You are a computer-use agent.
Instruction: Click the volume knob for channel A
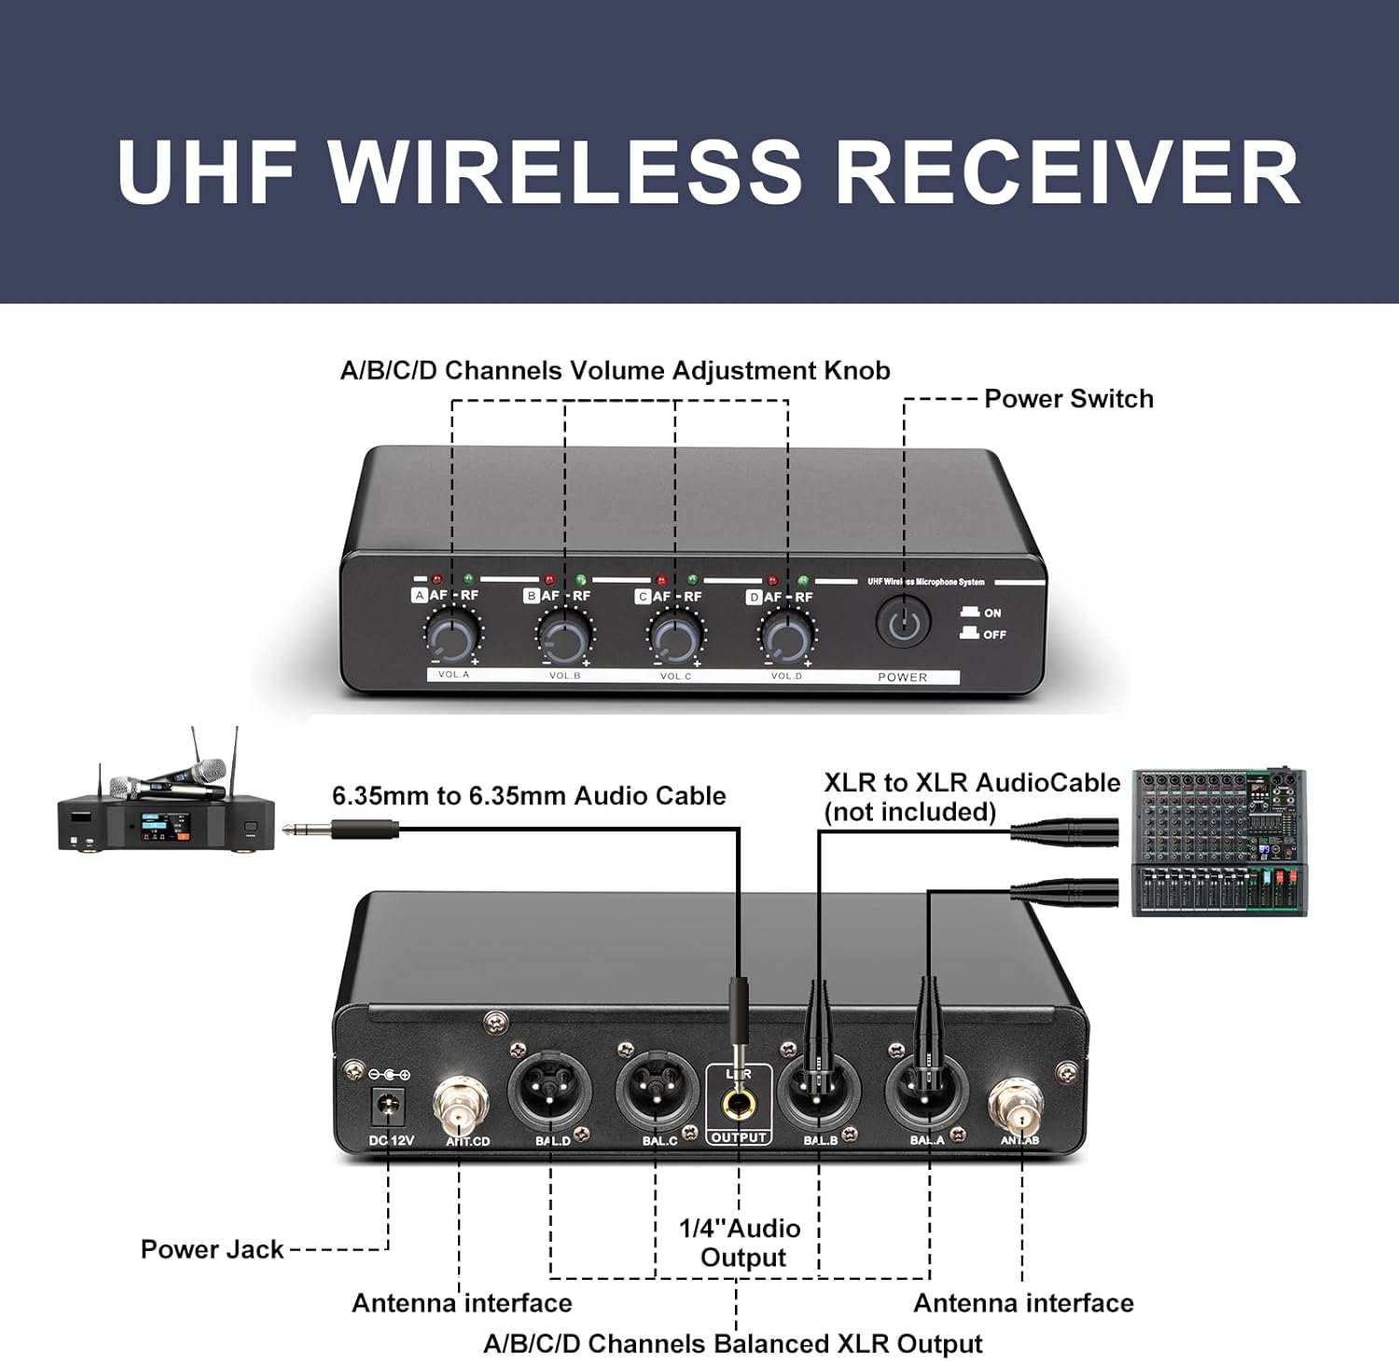pos(452,637)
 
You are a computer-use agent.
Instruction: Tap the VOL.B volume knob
pos(564,638)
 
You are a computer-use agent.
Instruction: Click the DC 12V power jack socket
pos(387,1107)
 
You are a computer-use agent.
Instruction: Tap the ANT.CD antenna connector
pos(461,1105)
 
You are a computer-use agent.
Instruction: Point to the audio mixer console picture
pos(1219,842)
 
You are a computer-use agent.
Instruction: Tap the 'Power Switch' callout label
pos(1069,399)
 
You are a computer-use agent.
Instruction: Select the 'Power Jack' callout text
pos(212,1249)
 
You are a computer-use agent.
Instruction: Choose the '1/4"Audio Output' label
pos(741,1243)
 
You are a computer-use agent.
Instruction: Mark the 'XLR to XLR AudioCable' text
pos(972,783)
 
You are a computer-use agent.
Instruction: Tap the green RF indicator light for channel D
pos(803,581)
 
